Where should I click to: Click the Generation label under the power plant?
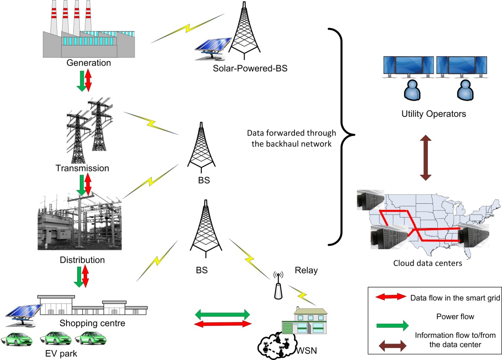[x=89, y=63]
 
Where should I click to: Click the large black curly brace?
[x=343, y=135]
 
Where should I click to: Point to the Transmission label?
[x=82, y=167]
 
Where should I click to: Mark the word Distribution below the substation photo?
[x=82, y=260]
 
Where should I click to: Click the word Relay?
[x=306, y=271]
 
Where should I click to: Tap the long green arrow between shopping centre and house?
[x=223, y=313]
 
